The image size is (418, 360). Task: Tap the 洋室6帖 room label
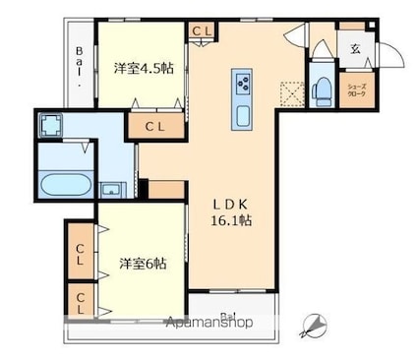click(x=143, y=264)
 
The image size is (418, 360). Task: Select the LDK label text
click(x=233, y=204)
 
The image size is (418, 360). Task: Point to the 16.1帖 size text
click(x=234, y=221)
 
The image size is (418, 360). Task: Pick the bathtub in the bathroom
click(x=65, y=184)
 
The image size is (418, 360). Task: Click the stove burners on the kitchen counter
click(x=242, y=81)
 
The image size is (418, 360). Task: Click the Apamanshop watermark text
click(x=209, y=323)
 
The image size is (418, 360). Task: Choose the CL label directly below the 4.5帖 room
click(x=155, y=126)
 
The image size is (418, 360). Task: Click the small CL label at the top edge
click(x=203, y=31)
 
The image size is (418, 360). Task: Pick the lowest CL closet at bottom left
click(x=80, y=300)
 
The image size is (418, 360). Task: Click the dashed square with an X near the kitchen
click(x=289, y=92)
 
